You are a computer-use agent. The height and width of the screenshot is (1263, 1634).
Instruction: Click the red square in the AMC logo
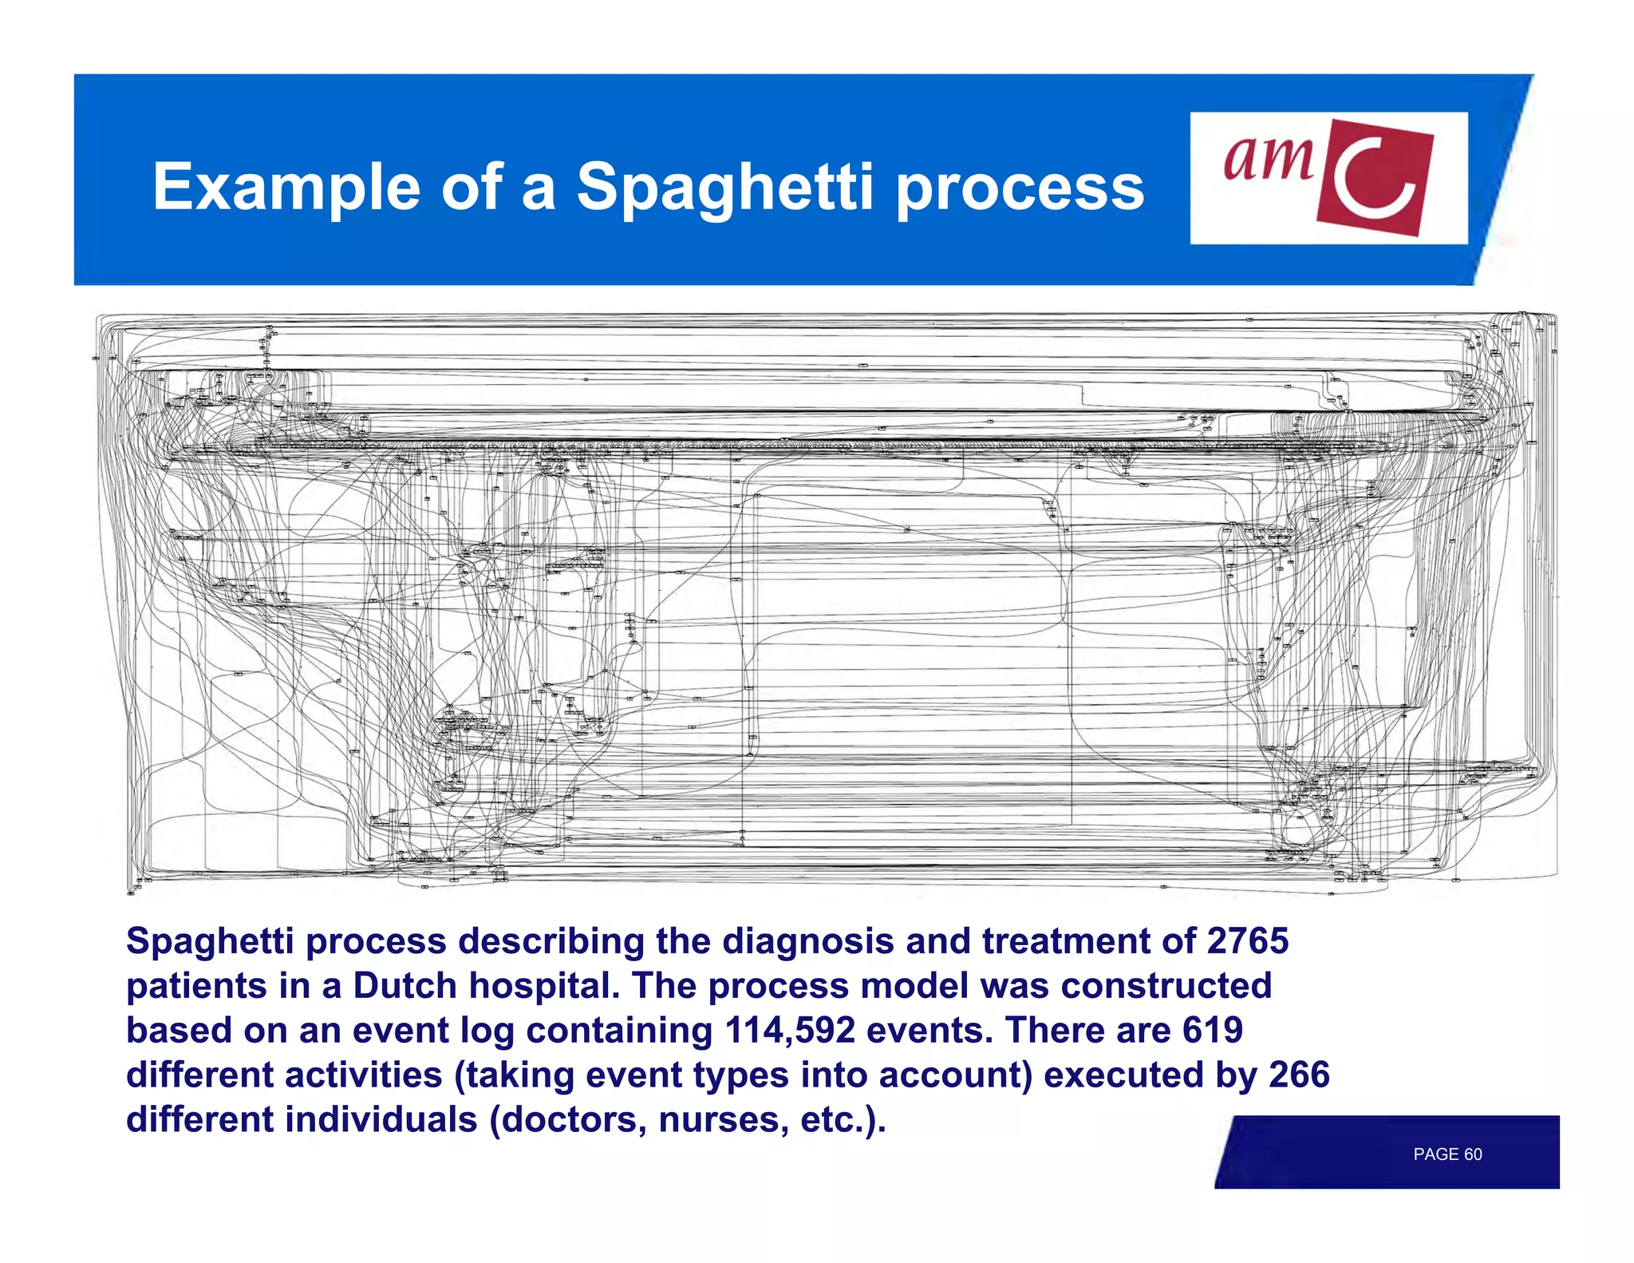point(1374,177)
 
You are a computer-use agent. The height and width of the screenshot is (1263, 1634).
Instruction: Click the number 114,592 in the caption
point(789,1030)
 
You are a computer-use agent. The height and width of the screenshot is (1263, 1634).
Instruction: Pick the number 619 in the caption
point(1212,1030)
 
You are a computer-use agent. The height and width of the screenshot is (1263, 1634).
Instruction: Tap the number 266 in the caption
point(1299,1075)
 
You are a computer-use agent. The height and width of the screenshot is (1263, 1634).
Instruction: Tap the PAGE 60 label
point(1447,1154)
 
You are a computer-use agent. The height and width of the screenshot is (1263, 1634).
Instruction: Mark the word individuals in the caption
point(381,1119)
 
